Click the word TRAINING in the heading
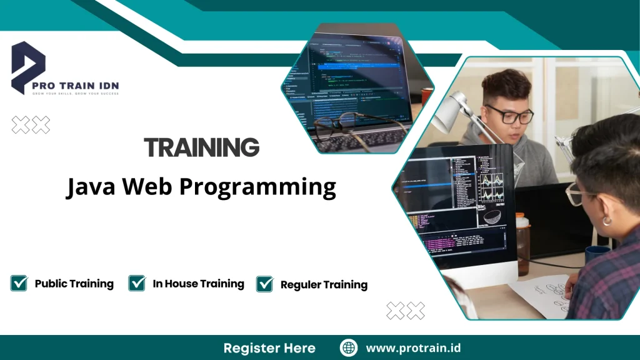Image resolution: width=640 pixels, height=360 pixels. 201,148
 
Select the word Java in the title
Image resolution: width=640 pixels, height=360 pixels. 91,186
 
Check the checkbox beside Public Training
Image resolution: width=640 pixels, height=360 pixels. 19,283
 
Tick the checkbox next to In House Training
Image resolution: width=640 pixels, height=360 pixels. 137,283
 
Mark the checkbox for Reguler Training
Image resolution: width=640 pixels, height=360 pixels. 265,284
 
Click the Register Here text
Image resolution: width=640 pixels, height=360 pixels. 269,348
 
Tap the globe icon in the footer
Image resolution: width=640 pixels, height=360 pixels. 349,348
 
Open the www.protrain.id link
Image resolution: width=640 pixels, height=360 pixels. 413,348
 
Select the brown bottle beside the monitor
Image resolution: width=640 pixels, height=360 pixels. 523,244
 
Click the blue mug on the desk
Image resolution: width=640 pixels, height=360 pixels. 596,254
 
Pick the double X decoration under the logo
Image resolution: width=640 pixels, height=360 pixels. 31,125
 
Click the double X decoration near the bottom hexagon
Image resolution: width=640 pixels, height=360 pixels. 405,311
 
